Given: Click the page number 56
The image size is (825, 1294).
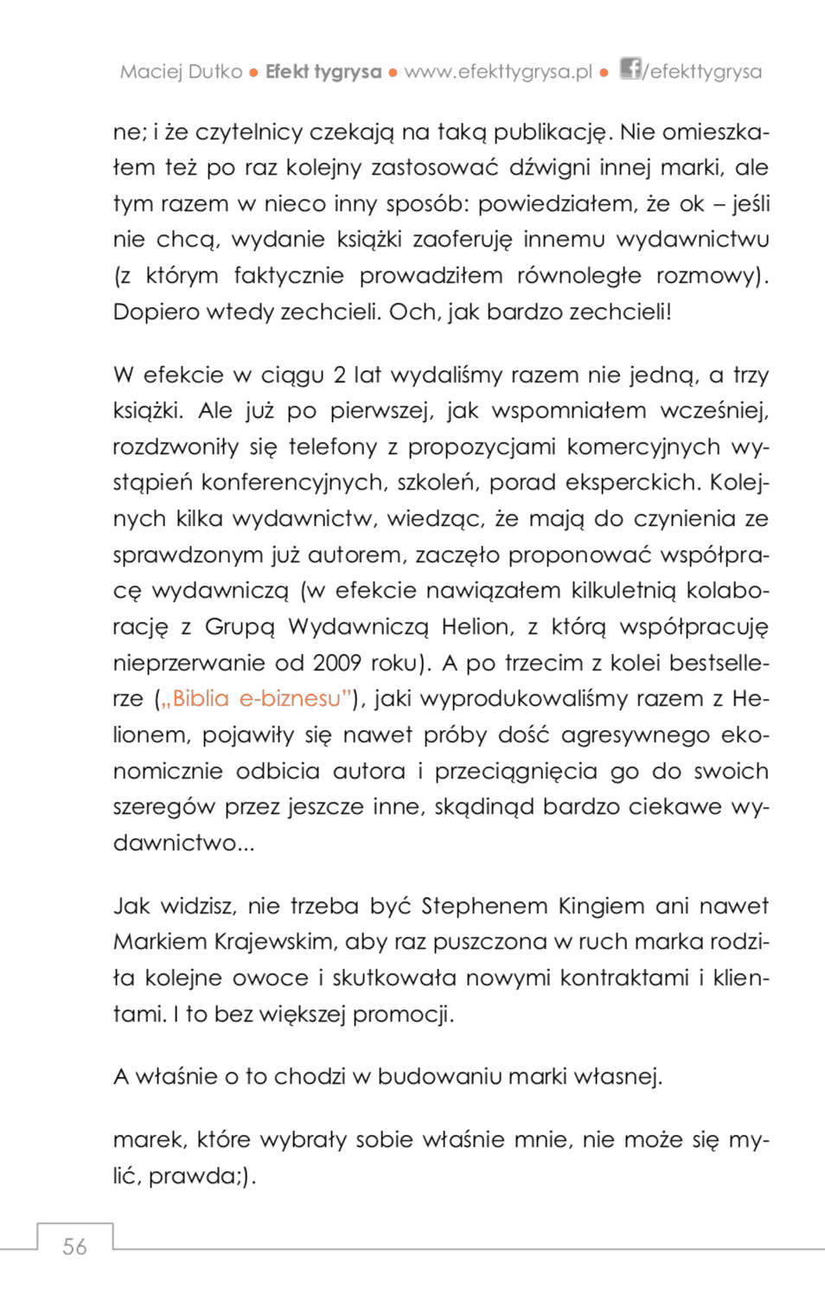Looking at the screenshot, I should pyautogui.click(x=74, y=1246).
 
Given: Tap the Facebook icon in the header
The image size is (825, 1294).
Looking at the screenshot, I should pyautogui.click(x=630, y=68).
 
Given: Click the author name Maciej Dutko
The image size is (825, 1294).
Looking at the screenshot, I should pyautogui.click(x=181, y=72).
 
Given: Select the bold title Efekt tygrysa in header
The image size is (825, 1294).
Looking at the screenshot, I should pyautogui.click(x=323, y=72).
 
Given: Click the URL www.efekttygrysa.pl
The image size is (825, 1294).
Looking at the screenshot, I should pyautogui.click(x=497, y=72).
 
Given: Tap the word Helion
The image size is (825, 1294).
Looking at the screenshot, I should pyautogui.click(x=477, y=626).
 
